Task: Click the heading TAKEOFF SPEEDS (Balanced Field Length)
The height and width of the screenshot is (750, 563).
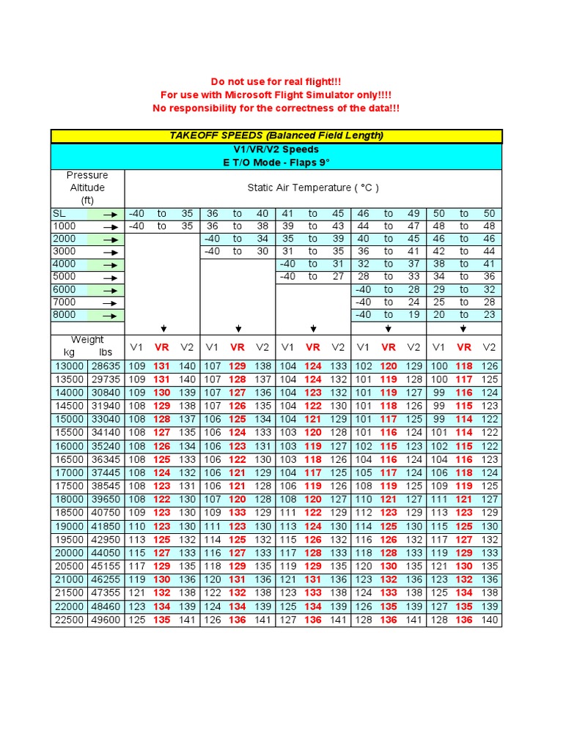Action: click(276, 136)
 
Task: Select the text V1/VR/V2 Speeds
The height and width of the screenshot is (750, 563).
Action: click(276, 149)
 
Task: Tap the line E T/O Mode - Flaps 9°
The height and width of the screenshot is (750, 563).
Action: click(276, 163)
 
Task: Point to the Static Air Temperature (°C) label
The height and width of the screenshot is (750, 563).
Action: click(313, 187)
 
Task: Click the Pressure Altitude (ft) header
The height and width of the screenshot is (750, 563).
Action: click(87, 187)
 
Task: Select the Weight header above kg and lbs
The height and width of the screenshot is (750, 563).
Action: click(87, 340)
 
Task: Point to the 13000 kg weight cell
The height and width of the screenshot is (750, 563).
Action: click(69, 365)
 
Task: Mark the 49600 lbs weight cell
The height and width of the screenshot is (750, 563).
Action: click(106, 620)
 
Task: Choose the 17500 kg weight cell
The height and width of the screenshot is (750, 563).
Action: click(69, 486)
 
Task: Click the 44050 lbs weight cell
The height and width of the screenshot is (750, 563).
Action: click(106, 553)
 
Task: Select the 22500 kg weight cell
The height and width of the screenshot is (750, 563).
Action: click(69, 620)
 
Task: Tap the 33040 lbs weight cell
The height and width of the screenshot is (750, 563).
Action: click(106, 419)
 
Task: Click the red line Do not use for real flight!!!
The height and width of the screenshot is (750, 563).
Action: click(276, 81)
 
